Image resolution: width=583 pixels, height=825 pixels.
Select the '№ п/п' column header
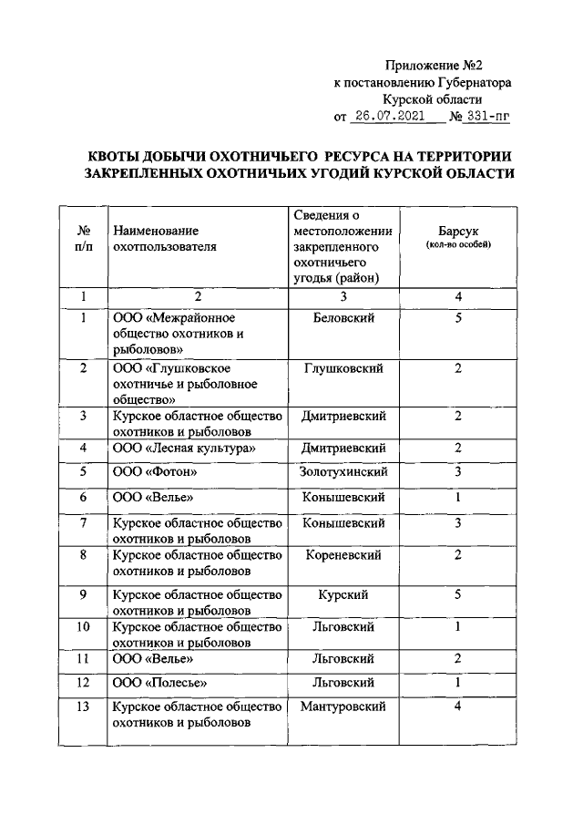pyautogui.click(x=83, y=239)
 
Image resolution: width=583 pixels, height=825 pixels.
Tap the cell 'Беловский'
pyautogui.click(x=343, y=317)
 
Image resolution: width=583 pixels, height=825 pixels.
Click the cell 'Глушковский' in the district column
pyautogui.click(x=343, y=367)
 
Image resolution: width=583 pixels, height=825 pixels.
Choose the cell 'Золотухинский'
pyautogui.click(x=343, y=471)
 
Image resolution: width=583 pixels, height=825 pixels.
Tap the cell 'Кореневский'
pyautogui.click(x=343, y=554)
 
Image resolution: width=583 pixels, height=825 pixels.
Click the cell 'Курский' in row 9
pyautogui.click(x=343, y=594)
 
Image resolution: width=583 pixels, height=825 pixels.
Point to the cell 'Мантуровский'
pyautogui.click(x=343, y=706)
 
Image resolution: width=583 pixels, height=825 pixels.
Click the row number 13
pyautogui.click(x=83, y=706)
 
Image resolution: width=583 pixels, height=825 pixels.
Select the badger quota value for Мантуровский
pyautogui.click(x=458, y=706)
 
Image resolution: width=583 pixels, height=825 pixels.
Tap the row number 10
pyautogui.click(x=83, y=627)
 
